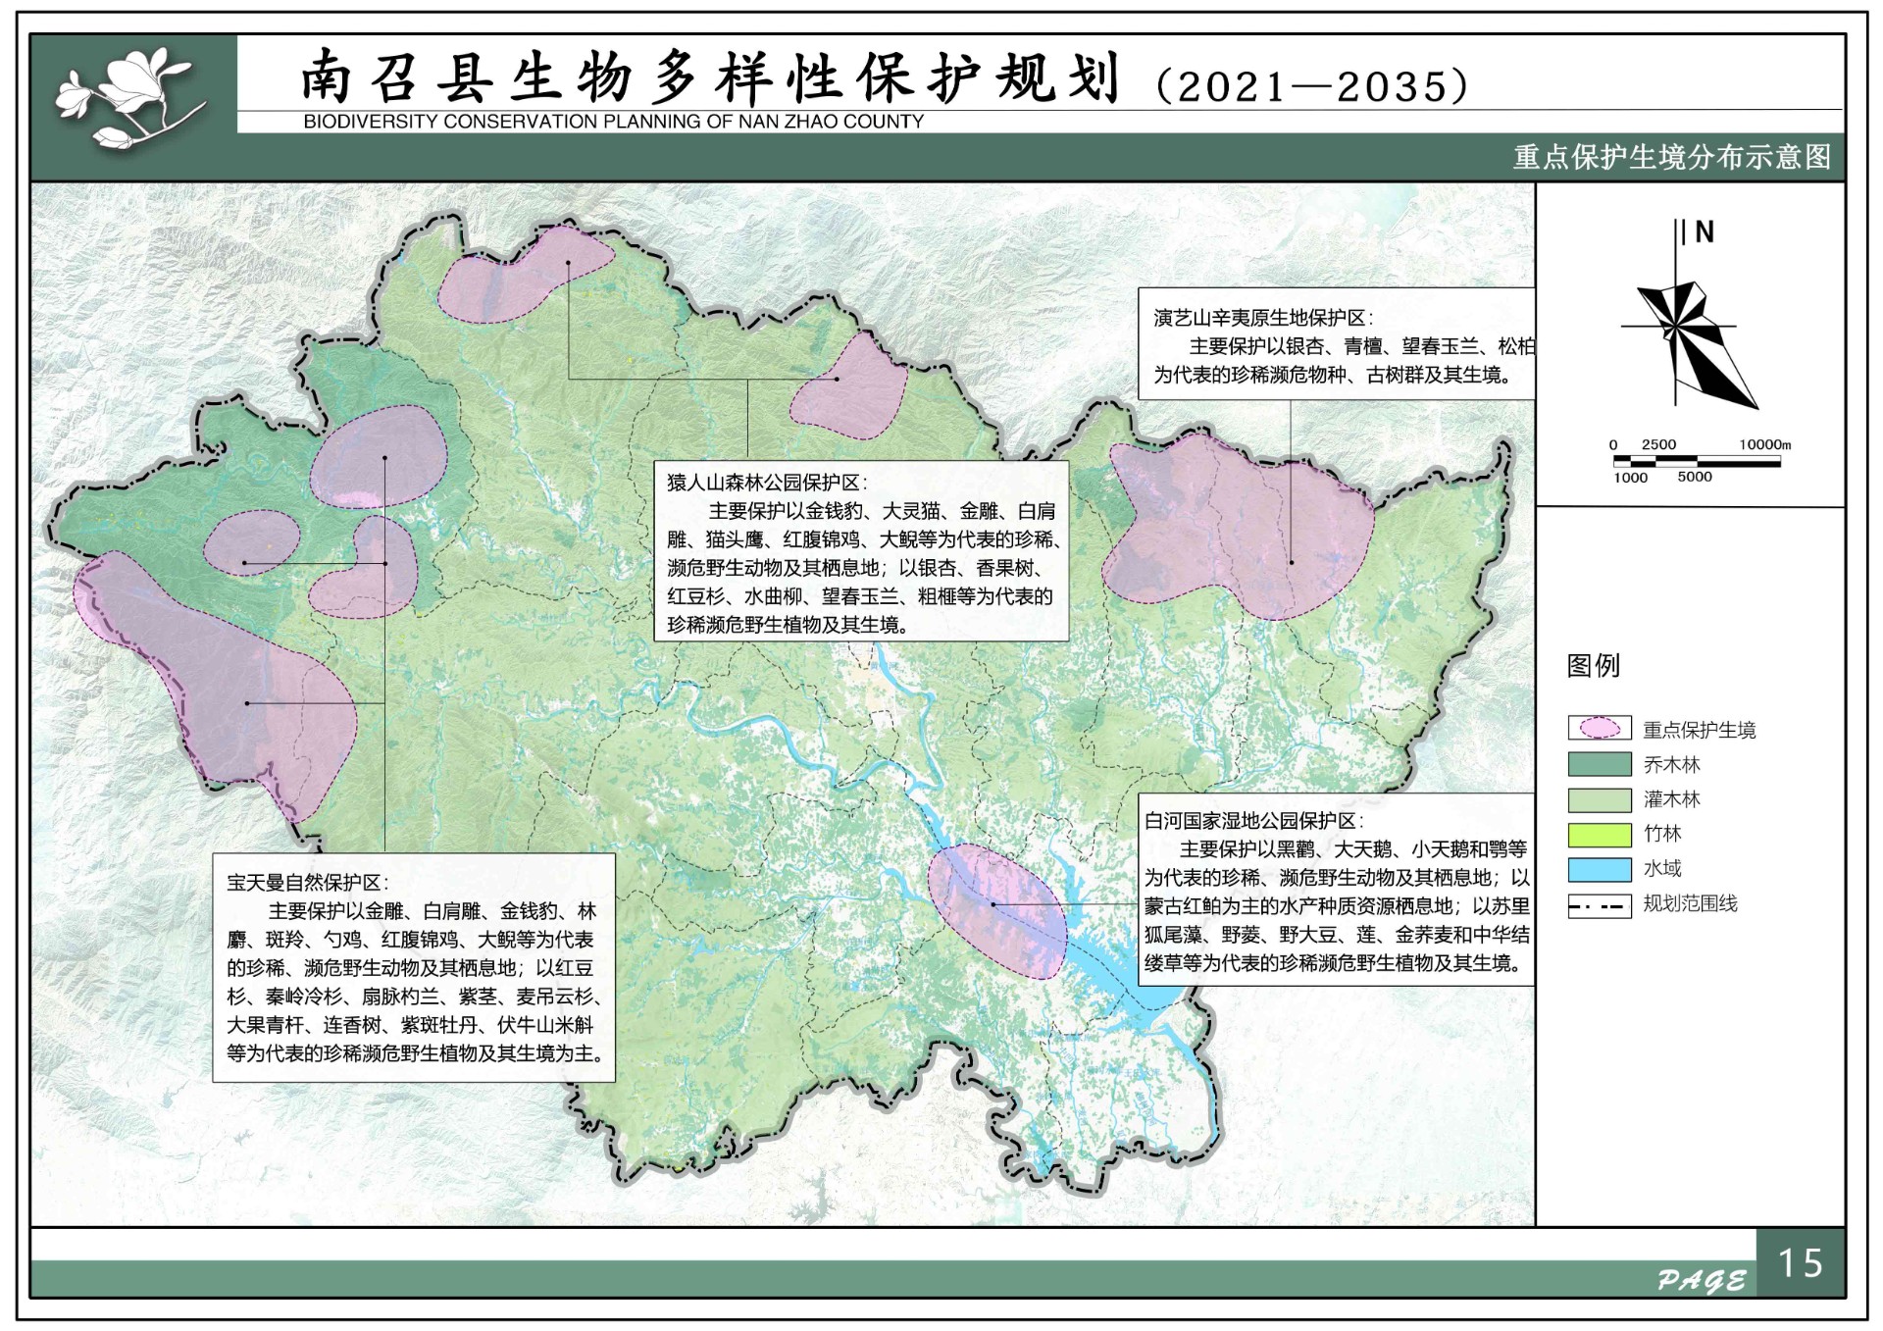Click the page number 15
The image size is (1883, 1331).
(x=1800, y=1263)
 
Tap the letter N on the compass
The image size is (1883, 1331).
(x=1705, y=232)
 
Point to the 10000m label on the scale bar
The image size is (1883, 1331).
(x=1764, y=444)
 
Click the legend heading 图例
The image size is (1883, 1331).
(x=1593, y=666)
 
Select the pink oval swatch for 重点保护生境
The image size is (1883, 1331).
(x=1599, y=729)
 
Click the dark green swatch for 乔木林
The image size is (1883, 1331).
(x=1599, y=764)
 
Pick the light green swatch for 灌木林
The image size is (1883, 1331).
(x=1599, y=799)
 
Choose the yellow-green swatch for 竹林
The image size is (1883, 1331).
(x=1599, y=835)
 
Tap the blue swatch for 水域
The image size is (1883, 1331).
(x=1599, y=870)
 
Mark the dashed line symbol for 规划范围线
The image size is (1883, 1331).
(x=1599, y=905)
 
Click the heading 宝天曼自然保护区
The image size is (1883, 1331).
(x=307, y=883)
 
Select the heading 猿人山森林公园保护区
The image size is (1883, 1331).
(x=766, y=483)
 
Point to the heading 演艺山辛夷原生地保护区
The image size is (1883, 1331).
(x=1262, y=318)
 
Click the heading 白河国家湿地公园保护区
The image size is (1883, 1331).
(x=1252, y=821)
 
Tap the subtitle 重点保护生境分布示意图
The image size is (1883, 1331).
(x=1671, y=157)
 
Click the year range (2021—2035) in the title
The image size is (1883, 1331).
(x=1312, y=86)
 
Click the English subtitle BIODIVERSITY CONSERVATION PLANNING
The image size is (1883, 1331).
(x=613, y=122)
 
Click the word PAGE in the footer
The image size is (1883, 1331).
(x=1701, y=1280)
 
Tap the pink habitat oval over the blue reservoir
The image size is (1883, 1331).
(x=996, y=910)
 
